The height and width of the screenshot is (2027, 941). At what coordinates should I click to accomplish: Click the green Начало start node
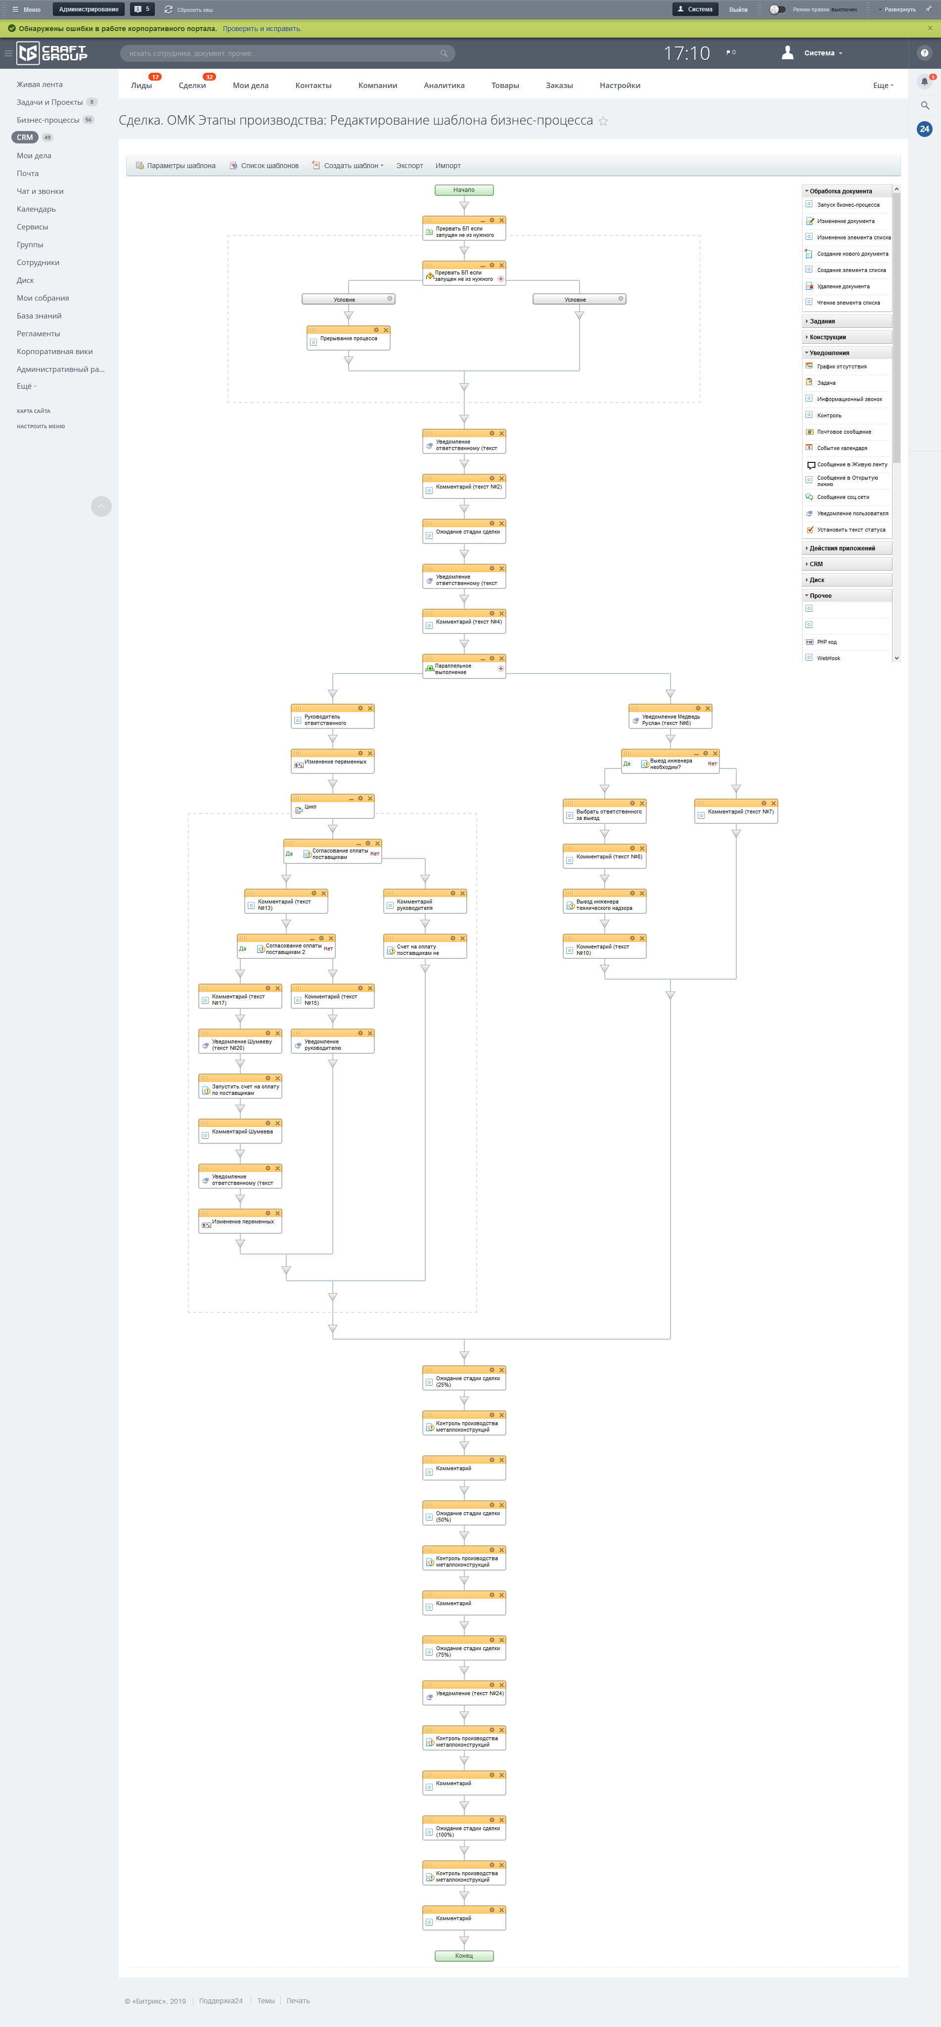[464, 189]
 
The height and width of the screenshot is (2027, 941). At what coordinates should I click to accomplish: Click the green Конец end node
[464, 1955]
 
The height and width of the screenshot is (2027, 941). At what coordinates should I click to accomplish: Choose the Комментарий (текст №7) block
[736, 812]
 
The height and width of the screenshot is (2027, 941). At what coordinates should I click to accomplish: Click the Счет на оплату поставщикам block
[425, 950]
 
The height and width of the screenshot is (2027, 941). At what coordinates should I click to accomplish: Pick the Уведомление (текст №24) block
[464, 1693]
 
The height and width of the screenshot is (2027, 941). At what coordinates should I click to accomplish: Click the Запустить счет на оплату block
[240, 1090]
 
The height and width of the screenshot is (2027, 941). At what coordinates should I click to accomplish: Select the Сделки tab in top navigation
[192, 86]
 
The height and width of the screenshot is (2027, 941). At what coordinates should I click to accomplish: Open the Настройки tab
[619, 86]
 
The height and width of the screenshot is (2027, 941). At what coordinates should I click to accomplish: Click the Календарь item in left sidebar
[36, 209]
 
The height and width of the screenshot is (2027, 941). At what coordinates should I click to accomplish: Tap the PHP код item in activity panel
[826, 642]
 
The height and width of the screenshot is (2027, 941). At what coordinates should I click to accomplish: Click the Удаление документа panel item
[843, 286]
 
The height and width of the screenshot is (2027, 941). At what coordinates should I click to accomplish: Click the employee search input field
[283, 53]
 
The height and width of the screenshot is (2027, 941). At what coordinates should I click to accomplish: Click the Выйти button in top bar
[738, 9]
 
